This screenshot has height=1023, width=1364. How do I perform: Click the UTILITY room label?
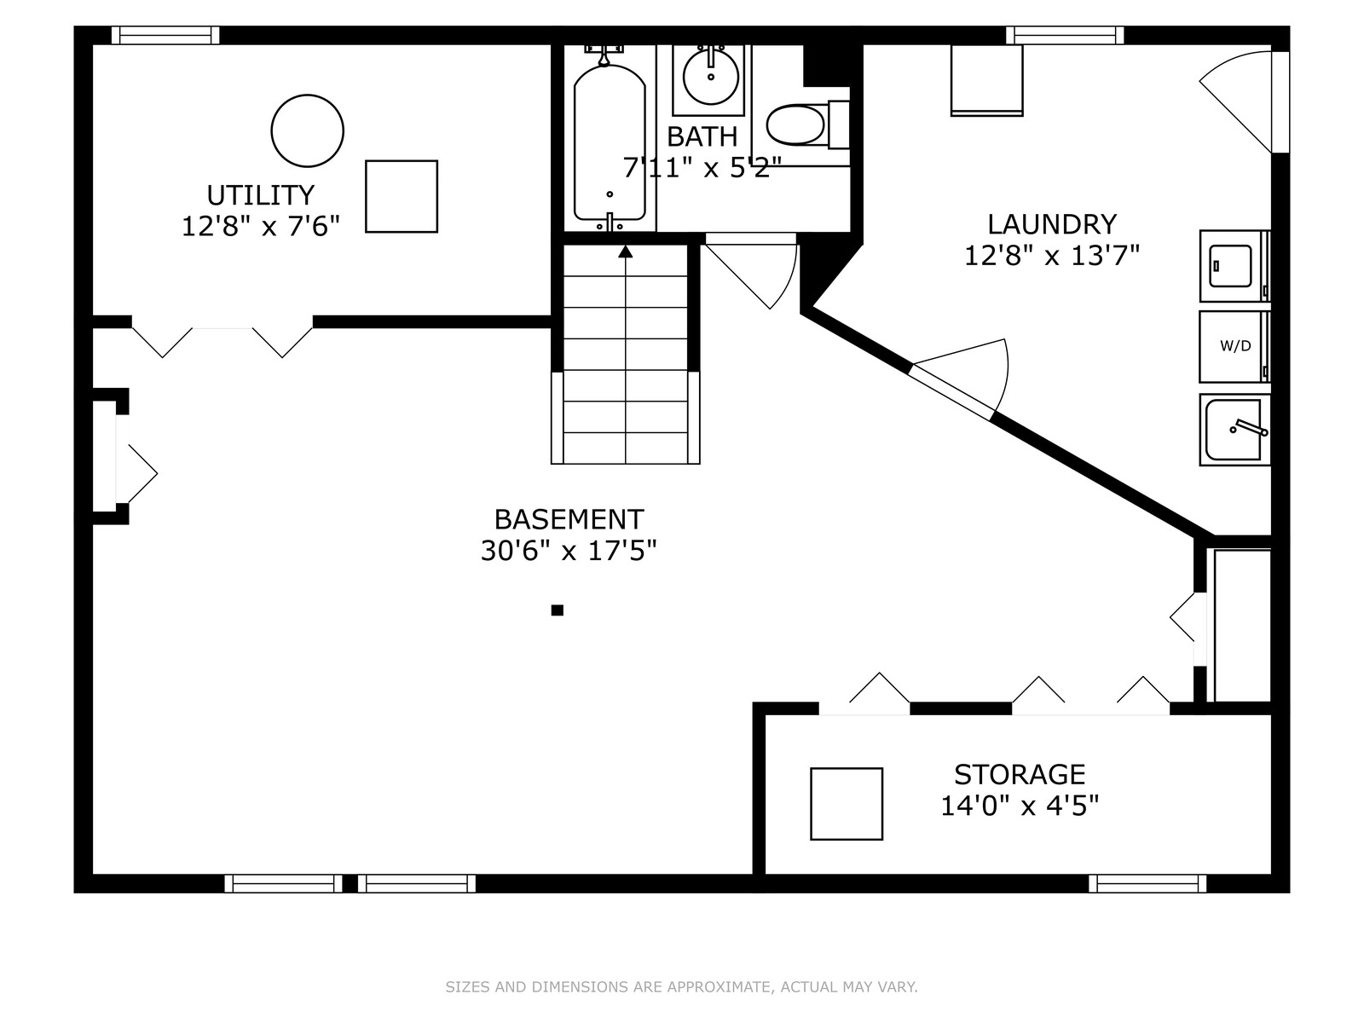(260, 195)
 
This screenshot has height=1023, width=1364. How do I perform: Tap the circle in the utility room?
(308, 95)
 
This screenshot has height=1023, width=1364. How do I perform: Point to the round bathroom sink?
(711, 77)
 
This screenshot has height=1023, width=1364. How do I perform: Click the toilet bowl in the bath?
(796, 124)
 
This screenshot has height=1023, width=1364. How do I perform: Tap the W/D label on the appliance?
(1235, 347)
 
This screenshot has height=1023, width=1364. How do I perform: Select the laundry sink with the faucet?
(1234, 429)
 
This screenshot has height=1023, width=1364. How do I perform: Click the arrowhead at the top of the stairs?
(625, 251)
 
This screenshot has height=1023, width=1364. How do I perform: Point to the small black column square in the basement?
(558, 610)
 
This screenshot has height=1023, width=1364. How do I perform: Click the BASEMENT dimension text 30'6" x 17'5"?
(569, 551)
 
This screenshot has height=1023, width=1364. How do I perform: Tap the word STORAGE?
(1020, 775)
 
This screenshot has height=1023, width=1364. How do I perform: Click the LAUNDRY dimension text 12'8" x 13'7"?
(1052, 255)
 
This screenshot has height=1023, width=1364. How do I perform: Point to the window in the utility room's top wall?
(165, 36)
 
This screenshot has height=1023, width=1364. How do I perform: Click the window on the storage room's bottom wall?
(1147, 883)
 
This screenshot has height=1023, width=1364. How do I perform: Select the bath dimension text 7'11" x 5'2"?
(702, 167)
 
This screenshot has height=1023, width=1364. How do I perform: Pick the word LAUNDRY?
(1052, 224)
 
